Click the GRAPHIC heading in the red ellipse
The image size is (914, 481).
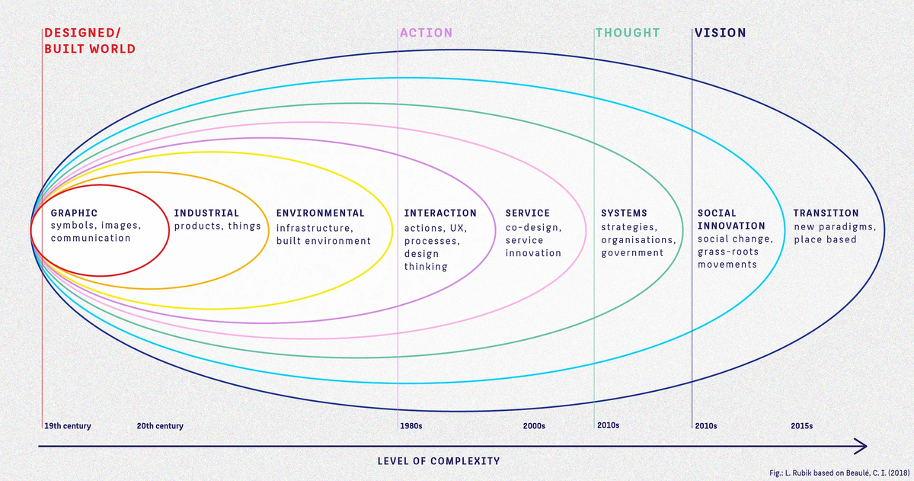(75, 213)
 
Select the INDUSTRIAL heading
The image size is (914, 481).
(206, 213)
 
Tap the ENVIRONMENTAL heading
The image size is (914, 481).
(321, 213)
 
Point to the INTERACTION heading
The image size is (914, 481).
(440, 213)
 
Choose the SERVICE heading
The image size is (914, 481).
(528, 213)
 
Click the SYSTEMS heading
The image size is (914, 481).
(625, 213)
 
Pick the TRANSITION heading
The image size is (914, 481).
(826, 213)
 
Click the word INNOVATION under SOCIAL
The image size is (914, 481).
(731, 226)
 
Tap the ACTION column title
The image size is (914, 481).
(426, 33)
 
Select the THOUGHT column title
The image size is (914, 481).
(628, 33)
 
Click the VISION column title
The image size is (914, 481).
(721, 33)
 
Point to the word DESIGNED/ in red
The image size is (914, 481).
(82, 33)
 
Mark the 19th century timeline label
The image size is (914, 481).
(67, 426)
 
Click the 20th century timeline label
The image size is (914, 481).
(160, 426)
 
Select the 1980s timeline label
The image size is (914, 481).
(411, 426)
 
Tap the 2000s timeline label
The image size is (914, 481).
(534, 426)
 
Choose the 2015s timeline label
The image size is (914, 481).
(802, 426)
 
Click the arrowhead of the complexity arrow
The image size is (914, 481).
(866, 446)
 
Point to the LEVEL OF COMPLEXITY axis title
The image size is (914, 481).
(439, 461)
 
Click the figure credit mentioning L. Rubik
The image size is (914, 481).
(839, 473)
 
